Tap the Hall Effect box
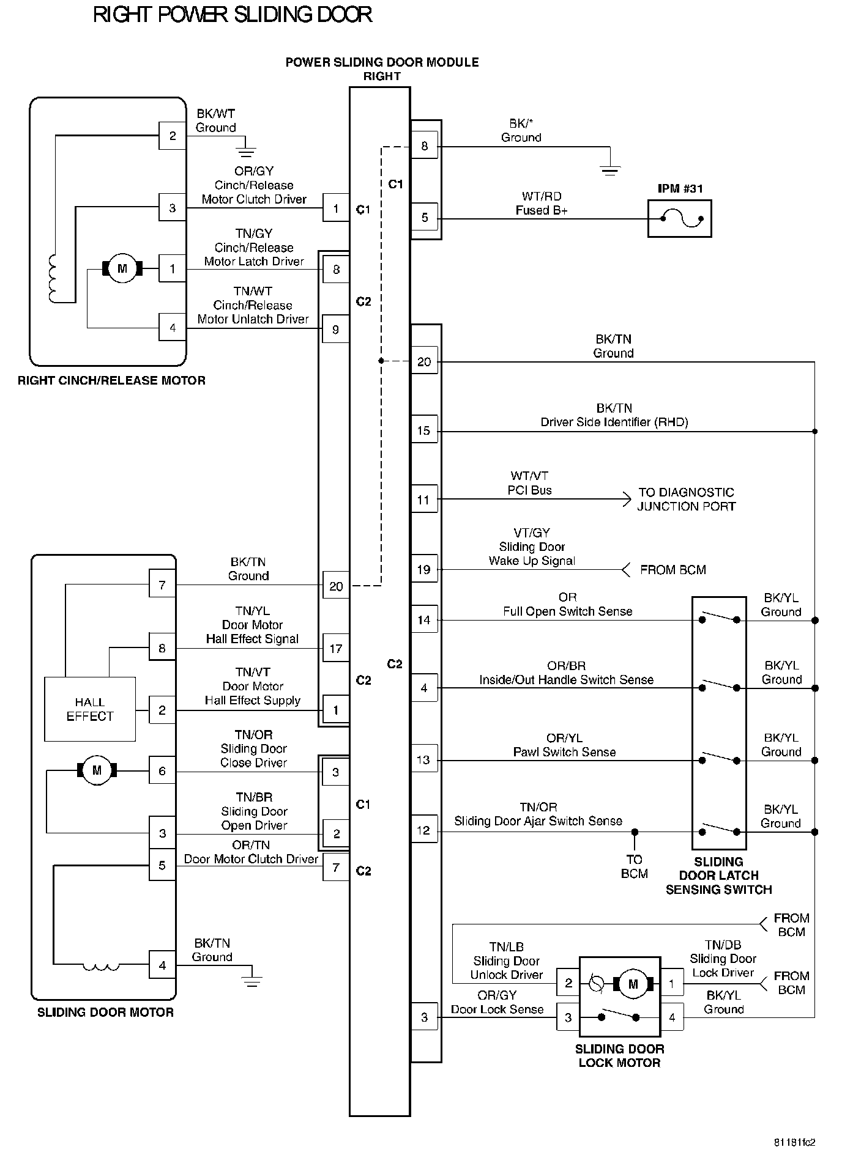90,709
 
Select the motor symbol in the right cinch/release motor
122,268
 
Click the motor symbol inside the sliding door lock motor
633,984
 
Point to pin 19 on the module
424,570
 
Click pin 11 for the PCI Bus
424,500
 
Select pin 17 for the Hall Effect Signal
336,648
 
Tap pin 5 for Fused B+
425,218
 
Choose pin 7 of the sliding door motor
162,585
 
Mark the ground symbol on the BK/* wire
610,170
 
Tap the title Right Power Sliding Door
233,15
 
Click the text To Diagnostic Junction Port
686,499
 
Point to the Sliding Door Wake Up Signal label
532,554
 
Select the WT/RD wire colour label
542,196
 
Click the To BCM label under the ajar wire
635,866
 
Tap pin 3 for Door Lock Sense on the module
425,1017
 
